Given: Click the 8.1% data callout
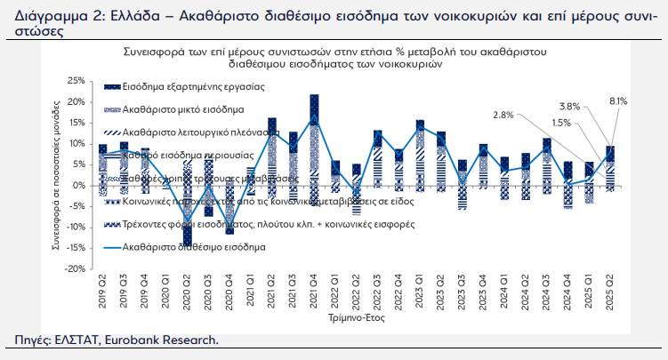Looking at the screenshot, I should click(619, 101).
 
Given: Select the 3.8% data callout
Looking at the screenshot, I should click(570, 107).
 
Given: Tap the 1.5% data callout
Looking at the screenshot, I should click(561, 123).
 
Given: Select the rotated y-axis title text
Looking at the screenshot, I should click(59, 174).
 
